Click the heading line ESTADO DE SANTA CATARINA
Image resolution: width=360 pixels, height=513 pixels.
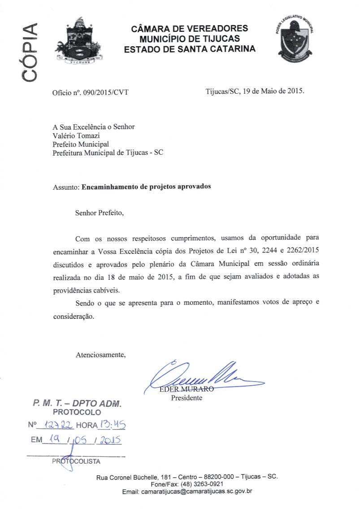190,49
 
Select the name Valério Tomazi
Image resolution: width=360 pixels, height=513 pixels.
75,135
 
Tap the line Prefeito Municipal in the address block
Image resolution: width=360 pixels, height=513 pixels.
81,144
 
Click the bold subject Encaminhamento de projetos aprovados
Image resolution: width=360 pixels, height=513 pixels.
146,187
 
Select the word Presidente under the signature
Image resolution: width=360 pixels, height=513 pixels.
187,398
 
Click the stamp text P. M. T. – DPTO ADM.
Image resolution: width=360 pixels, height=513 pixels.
77,404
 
